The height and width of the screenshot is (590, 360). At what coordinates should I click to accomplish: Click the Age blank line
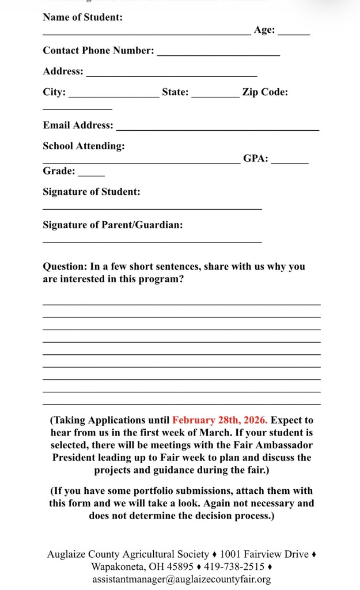point(294,35)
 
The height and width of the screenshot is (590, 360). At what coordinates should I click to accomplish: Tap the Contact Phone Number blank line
point(218,55)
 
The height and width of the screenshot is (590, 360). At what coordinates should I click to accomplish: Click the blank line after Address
point(172,75)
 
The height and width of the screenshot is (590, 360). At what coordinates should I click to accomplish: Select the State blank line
point(215,96)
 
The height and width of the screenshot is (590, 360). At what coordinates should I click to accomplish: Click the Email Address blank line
point(218,130)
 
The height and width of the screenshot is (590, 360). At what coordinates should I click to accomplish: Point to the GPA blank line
point(290,163)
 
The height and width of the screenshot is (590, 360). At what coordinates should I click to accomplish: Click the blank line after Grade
point(92,175)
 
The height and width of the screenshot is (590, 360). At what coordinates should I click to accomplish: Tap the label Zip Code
point(265,92)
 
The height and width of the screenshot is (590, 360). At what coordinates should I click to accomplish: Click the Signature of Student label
point(91,192)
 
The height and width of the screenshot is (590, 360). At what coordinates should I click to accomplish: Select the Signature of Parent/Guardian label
point(113,225)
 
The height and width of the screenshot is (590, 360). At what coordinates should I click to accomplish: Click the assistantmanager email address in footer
point(181,580)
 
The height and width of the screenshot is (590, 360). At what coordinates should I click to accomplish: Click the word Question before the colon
point(63,267)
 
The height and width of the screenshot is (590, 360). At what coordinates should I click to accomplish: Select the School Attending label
point(84,146)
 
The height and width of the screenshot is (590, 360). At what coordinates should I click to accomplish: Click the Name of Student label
point(82,17)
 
